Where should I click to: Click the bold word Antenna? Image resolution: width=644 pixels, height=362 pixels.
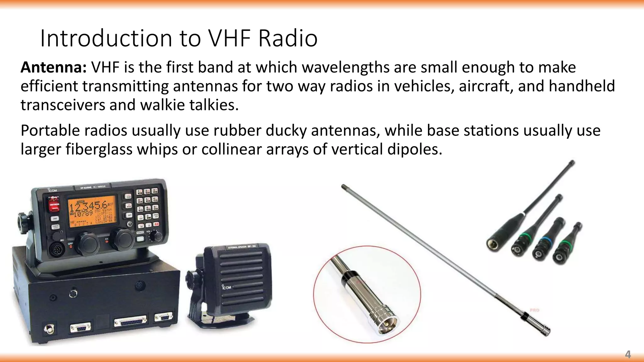(x=53, y=68)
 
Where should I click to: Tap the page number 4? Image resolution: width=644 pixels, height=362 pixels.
(x=628, y=355)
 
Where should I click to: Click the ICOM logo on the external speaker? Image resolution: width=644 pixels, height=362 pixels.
(x=226, y=287)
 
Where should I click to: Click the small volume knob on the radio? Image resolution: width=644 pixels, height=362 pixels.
(x=154, y=235)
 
